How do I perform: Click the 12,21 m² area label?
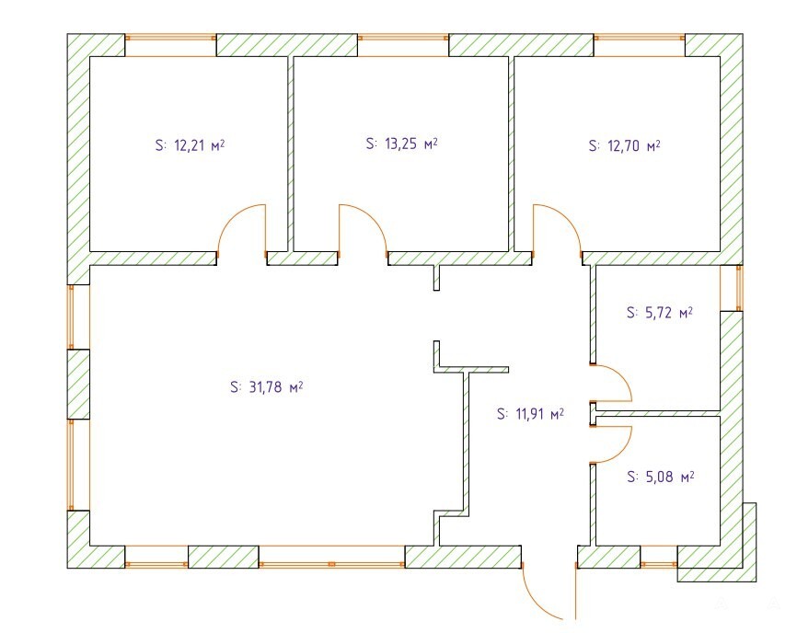coord(190,145)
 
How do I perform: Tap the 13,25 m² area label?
coord(401,144)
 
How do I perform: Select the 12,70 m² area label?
coord(624,145)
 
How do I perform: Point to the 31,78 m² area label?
coord(266,387)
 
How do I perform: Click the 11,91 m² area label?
coord(530,414)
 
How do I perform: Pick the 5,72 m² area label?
coord(660,313)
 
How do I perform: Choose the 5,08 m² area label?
coord(660,477)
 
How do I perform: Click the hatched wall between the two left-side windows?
coord(78,384)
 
